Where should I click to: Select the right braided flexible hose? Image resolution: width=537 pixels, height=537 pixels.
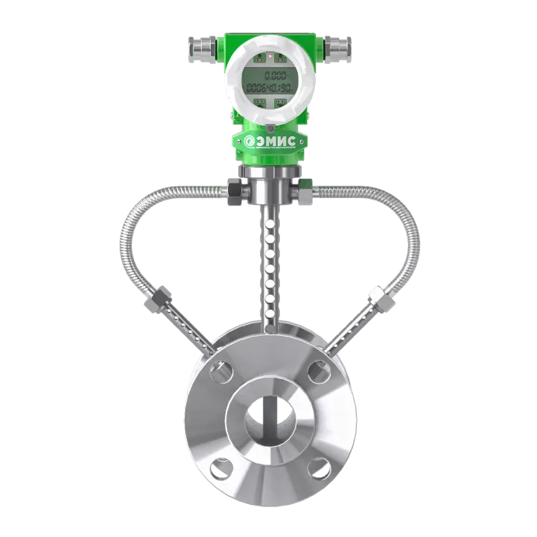[398, 223]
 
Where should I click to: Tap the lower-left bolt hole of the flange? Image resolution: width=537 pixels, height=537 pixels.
[217, 467]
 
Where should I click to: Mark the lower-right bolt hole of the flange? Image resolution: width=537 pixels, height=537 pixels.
[317, 467]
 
